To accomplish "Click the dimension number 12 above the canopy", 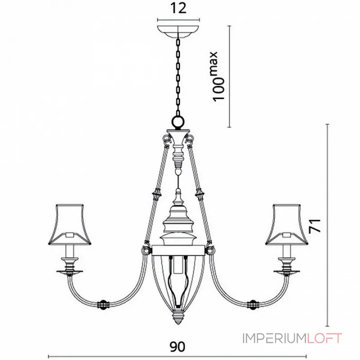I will [179, 9].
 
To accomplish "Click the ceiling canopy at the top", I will [179, 31].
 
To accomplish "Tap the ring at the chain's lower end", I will [179, 122].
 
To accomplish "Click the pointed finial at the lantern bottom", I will [179, 317].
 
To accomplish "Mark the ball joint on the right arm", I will [253, 304].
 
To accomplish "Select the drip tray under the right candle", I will [288, 271].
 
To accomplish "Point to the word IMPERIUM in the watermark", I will [274, 338].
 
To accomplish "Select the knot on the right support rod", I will [200, 194].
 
